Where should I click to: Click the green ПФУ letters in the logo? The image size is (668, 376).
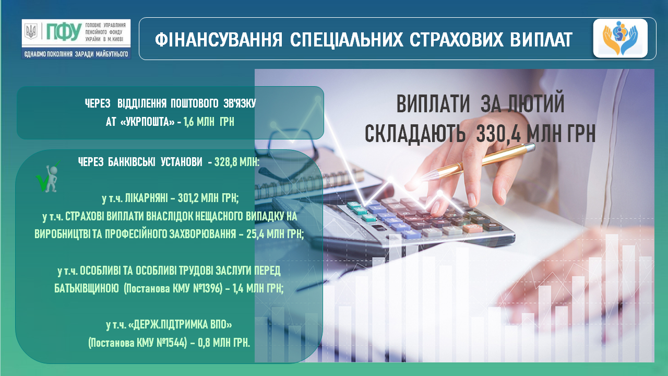coord(64,32)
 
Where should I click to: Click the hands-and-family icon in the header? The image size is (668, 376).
coord(620,38)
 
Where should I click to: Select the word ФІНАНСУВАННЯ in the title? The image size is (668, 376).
coord(218,40)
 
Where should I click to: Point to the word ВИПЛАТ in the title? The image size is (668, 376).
coord(541,40)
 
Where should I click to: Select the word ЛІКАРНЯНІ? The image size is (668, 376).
coord(146,198)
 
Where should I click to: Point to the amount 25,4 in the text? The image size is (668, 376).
coord(255,234)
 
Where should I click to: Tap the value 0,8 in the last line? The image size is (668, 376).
coord(204,343)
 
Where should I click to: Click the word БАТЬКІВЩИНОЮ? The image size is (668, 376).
coord(87,288)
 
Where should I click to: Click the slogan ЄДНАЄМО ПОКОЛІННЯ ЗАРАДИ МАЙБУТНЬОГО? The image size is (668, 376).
coord(76,54)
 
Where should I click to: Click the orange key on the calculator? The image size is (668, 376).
coord(472,228)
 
